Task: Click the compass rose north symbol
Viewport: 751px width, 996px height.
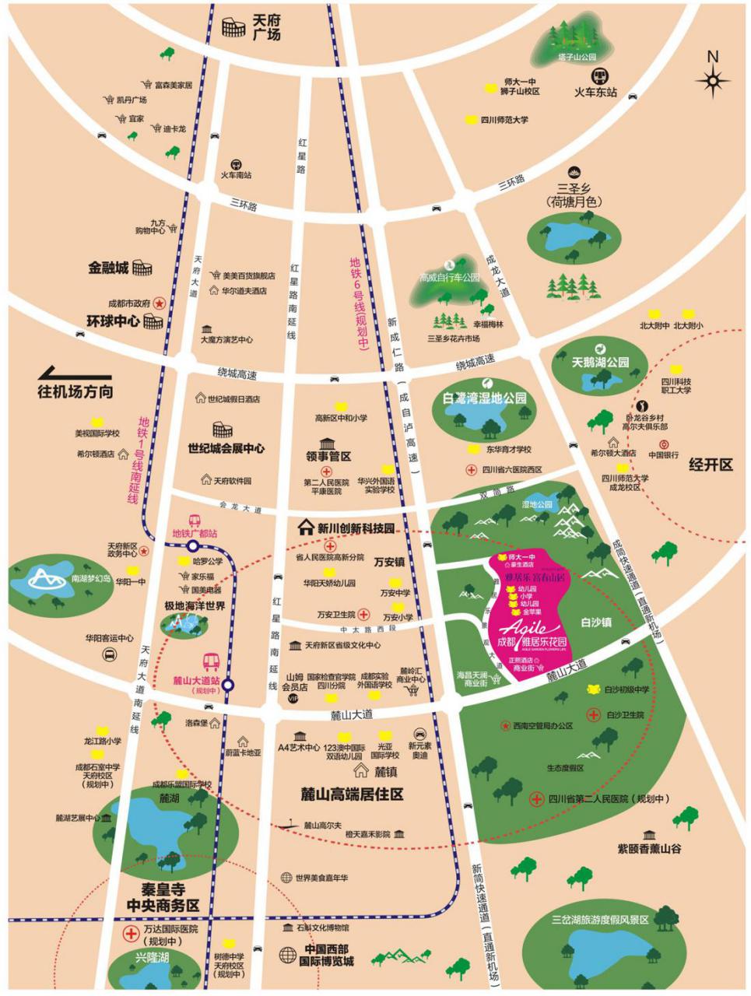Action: point(713,78)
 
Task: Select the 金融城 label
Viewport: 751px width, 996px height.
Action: point(107,268)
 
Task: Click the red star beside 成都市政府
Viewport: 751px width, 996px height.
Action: point(160,303)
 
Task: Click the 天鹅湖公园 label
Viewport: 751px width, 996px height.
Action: point(599,362)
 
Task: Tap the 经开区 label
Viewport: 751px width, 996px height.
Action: point(711,465)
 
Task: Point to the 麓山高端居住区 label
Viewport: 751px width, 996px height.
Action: point(353,794)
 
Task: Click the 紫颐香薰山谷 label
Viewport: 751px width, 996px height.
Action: point(649,848)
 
